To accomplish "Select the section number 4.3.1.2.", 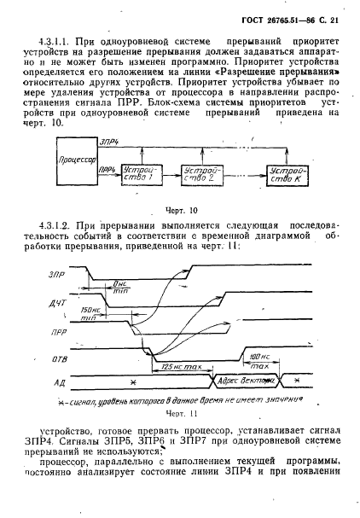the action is tap(56, 224).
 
